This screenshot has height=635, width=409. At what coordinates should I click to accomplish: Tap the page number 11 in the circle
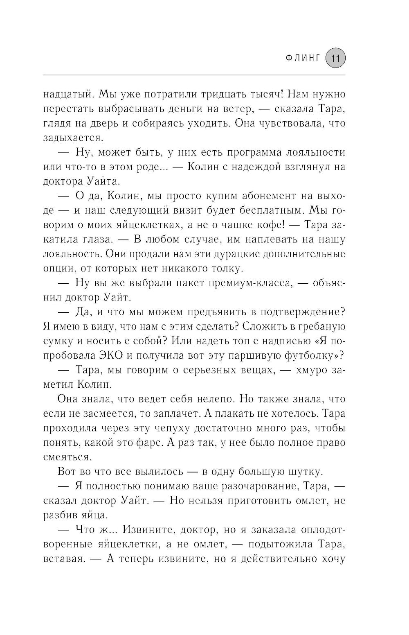coord(335,59)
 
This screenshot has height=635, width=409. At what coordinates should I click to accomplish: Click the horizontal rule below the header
coord(194,75)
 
